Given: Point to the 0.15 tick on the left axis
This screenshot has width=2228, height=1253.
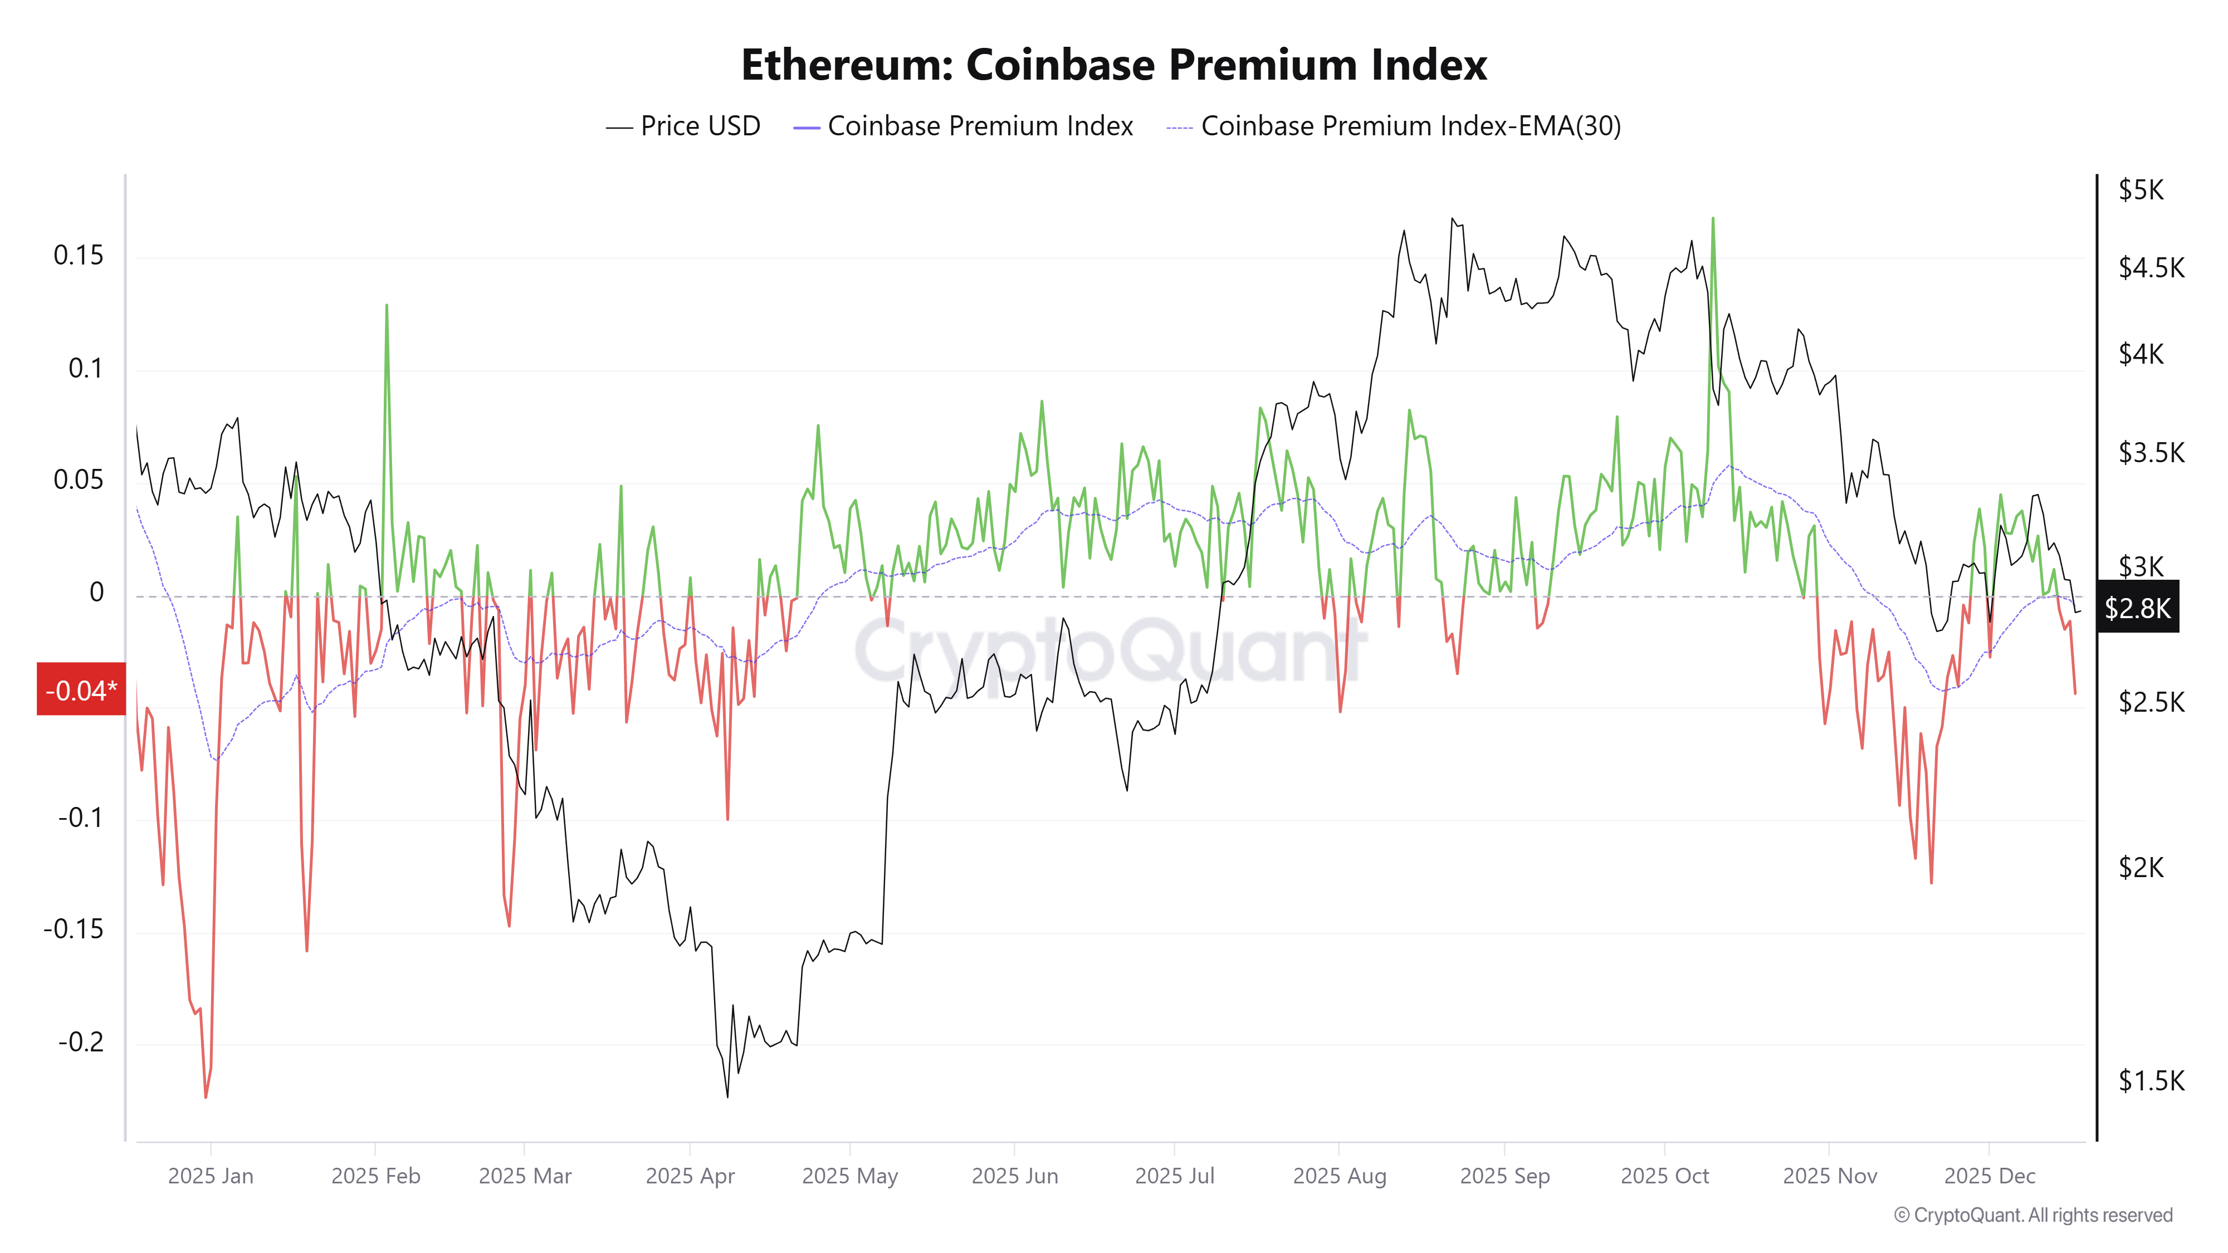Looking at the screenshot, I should tap(78, 256).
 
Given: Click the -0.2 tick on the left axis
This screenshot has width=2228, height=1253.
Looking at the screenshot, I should tap(80, 1042).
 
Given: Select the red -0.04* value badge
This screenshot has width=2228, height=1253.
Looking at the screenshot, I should tap(80, 690).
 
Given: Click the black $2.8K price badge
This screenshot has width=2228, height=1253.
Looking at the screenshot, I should tap(2137, 608).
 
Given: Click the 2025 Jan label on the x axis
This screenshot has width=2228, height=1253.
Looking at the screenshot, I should tap(210, 1176).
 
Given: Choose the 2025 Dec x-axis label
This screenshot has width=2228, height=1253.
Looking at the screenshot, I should tap(1989, 1176).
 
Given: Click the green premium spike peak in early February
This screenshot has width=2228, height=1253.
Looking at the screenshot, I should tap(387, 305).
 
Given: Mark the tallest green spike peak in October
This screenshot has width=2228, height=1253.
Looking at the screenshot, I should tap(1713, 219).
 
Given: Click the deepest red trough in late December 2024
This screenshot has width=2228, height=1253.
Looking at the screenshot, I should tap(206, 1097).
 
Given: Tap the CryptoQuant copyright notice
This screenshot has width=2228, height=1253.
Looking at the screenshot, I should tap(2032, 1215).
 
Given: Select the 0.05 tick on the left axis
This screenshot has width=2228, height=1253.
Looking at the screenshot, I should tap(78, 480).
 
